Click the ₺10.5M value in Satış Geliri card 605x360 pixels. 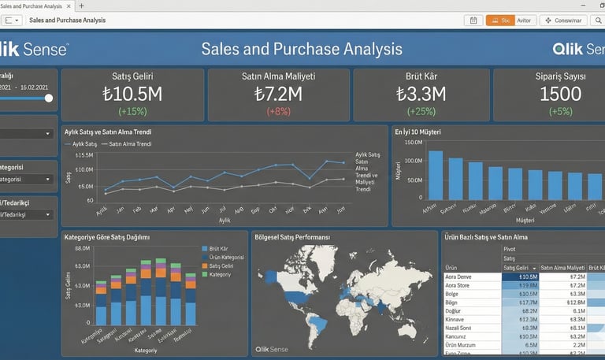(x=132, y=95)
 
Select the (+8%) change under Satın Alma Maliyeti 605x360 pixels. (x=278, y=111)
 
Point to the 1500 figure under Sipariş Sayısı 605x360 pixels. (x=561, y=95)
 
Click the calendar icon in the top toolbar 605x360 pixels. (x=473, y=20)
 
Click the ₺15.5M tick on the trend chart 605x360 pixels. (x=84, y=155)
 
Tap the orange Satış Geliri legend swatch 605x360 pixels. (x=204, y=266)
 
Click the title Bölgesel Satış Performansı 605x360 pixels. (x=292, y=237)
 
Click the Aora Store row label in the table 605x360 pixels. (x=458, y=287)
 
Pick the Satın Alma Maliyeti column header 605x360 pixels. (x=562, y=268)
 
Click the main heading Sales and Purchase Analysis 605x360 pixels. (x=302, y=50)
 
